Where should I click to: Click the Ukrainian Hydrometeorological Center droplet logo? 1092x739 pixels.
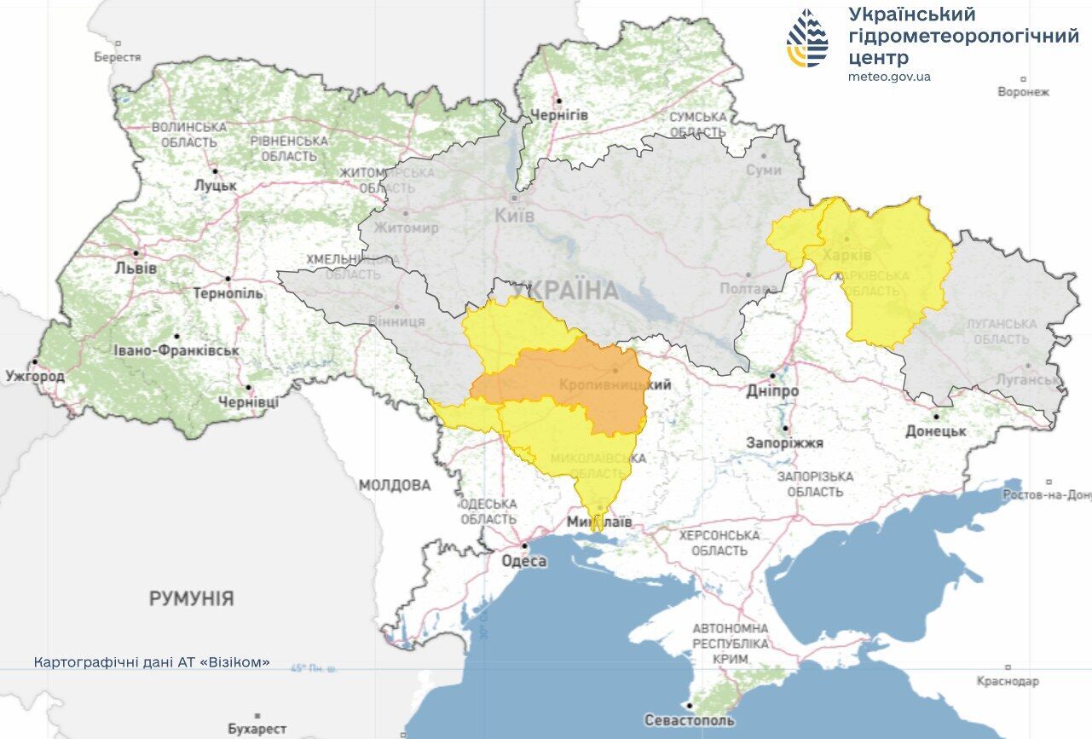(x=807, y=38)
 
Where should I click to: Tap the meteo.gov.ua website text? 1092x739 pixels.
(x=889, y=77)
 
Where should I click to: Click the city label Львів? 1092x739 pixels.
(x=135, y=268)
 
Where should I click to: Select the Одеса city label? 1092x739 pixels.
(x=523, y=562)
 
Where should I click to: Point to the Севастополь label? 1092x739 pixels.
(x=689, y=720)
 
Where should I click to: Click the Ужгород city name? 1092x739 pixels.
(x=35, y=375)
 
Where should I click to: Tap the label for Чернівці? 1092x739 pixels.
(x=248, y=401)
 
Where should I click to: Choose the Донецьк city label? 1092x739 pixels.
(x=936, y=431)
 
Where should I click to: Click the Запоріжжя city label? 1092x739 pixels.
(x=784, y=443)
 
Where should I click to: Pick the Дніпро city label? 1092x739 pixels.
(x=771, y=390)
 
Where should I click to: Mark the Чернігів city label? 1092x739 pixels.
(x=559, y=115)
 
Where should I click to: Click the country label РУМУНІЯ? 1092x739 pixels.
(x=191, y=598)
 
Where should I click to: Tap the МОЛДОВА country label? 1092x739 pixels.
(x=395, y=485)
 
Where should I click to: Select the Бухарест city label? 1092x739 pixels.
(x=257, y=729)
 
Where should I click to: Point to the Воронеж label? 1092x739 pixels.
(x=1023, y=92)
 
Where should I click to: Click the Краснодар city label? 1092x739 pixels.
(x=1008, y=681)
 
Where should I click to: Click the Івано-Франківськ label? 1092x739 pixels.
(x=176, y=350)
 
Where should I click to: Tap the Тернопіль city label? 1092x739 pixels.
(x=228, y=293)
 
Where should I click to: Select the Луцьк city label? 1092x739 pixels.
(x=215, y=185)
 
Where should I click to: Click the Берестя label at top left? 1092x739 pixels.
(x=118, y=57)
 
